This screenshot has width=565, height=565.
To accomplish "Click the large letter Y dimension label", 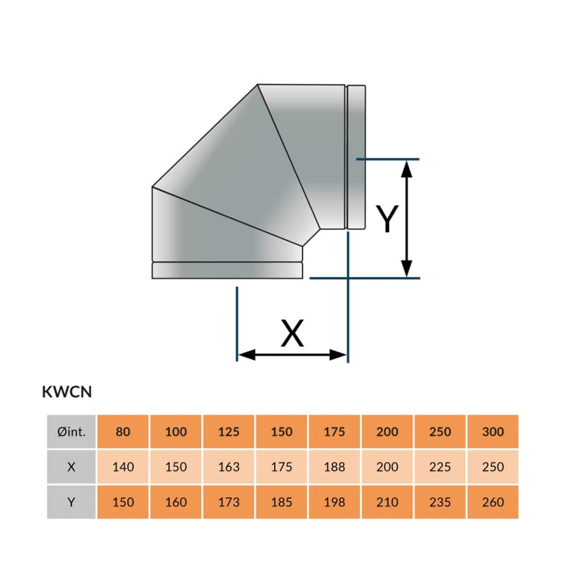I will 387,219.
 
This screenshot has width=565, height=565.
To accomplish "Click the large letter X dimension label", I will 292,333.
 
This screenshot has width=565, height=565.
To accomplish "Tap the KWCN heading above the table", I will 67,392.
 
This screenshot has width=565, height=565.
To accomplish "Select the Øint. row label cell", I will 72,432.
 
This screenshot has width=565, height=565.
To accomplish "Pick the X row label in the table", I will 72,467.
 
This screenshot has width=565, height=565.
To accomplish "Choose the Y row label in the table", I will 72,502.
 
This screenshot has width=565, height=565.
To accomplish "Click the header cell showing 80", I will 123,432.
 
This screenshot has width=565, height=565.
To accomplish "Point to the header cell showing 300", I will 493,432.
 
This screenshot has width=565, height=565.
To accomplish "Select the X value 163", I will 229,467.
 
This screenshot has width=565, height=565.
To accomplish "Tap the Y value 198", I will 334,502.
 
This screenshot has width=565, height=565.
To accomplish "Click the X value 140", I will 123,467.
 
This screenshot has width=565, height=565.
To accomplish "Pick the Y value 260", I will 493,502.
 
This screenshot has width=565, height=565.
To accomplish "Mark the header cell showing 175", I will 334,432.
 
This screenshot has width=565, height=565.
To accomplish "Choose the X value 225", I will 440,467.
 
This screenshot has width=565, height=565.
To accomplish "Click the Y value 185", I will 282,502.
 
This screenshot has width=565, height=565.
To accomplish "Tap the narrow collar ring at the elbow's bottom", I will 227,271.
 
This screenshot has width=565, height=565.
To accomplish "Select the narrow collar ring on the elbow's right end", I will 356,158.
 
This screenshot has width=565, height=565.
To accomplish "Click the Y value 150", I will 123,502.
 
